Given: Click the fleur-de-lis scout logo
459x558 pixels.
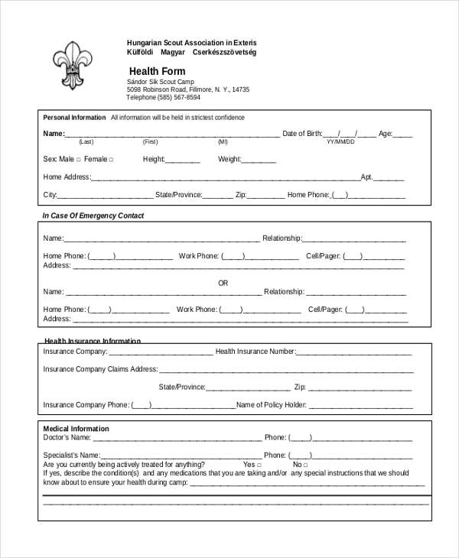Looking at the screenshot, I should (x=71, y=64).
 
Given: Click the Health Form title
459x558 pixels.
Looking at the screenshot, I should (x=157, y=71).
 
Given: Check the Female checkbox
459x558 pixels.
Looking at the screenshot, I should (x=111, y=160).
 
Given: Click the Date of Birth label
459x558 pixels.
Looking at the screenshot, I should (x=302, y=134).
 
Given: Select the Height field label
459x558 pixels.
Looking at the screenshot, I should (x=154, y=159).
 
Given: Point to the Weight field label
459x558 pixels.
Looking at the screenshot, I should (x=229, y=159).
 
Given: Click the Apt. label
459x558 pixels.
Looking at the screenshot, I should (x=366, y=177).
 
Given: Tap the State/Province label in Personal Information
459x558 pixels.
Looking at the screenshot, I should (x=178, y=195).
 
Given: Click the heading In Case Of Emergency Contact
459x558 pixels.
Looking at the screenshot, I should (x=93, y=216).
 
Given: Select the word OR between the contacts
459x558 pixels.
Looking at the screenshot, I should (x=223, y=283).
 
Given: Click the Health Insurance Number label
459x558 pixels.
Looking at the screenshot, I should (x=255, y=352).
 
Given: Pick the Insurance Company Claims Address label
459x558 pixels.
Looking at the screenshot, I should (x=100, y=369).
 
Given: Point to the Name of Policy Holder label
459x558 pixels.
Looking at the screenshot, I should (x=271, y=405).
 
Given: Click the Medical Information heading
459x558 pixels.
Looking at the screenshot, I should (x=76, y=429).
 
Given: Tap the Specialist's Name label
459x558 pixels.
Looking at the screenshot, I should (x=71, y=456).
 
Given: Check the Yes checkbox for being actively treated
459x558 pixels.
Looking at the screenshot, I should (x=259, y=465).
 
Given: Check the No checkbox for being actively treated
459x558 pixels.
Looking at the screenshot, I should (x=305, y=465).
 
